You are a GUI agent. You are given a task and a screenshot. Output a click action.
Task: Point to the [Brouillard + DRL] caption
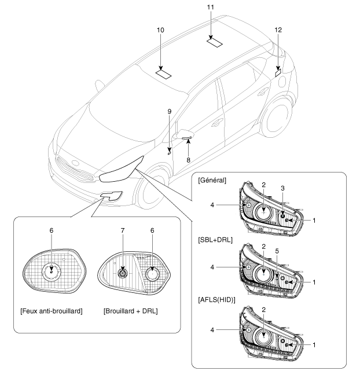(131, 311)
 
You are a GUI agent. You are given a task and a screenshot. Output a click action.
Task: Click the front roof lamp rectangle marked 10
(164, 74)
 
